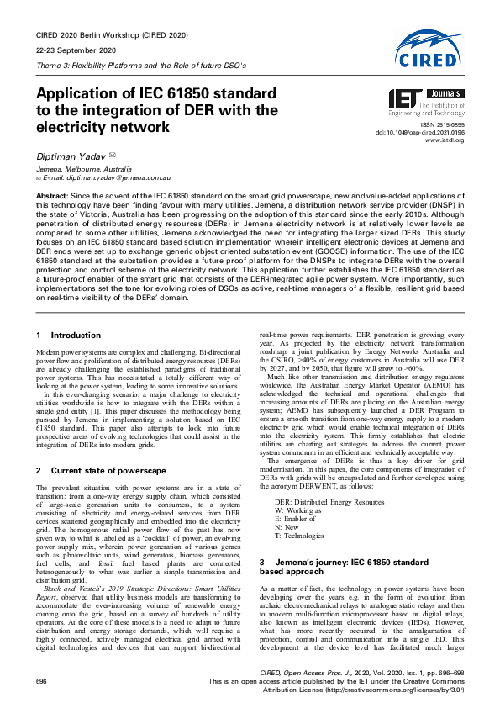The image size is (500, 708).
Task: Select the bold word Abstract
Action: pyautogui.click(x=52, y=195)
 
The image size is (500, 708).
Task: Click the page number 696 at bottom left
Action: pyautogui.click(x=41, y=679)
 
